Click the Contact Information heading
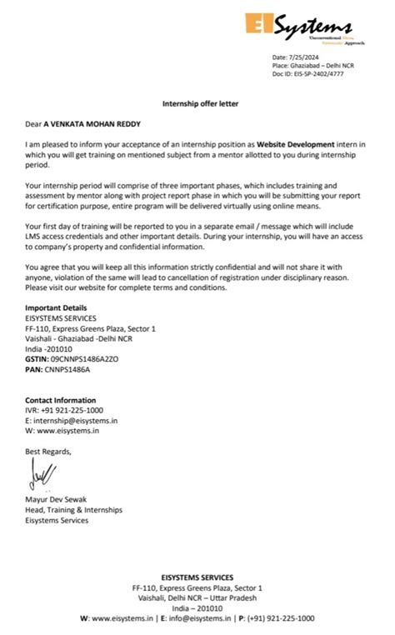(60, 400)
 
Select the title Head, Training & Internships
(73, 510)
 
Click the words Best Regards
(48, 452)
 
